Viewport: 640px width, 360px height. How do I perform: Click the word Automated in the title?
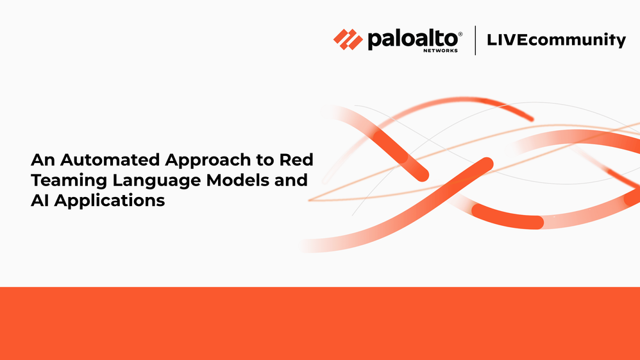point(110,160)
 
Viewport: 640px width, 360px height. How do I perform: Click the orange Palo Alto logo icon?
point(348,40)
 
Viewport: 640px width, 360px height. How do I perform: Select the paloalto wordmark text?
point(412,40)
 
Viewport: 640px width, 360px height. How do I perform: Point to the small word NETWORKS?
point(441,51)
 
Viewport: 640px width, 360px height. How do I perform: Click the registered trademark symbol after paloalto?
point(460,34)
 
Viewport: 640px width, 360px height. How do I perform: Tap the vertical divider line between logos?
point(475,40)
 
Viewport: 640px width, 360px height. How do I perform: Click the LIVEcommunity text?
point(557,40)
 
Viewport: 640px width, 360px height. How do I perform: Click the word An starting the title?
point(43,160)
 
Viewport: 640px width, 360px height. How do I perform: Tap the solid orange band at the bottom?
point(320,323)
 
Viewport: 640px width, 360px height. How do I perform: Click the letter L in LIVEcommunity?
point(493,40)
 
